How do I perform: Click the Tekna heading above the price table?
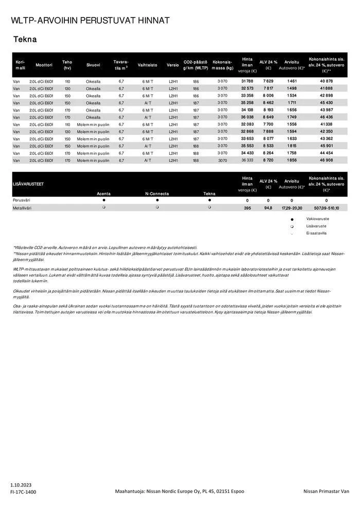pyautogui.click(x=25, y=39)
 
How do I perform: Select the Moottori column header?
pyautogui.click(x=44, y=65)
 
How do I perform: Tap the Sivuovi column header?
pyautogui.click(x=93, y=65)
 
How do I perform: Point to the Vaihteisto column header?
pyautogui.click(x=148, y=65)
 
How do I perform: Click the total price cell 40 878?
pyautogui.click(x=327, y=81)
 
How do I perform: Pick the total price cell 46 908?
pyautogui.click(x=327, y=160)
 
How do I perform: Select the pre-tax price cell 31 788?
pyautogui.click(x=247, y=81)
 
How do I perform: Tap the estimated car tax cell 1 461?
pyautogui.click(x=292, y=81)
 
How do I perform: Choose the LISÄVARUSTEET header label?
pyautogui.click(x=28, y=184)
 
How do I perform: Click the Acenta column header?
pyautogui.click(x=103, y=194)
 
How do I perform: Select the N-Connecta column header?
pyautogui.click(x=157, y=194)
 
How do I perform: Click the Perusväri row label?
pyautogui.click(x=22, y=200)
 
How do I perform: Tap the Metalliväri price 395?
pyautogui.click(x=247, y=208)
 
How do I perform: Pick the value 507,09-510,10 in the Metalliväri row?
pyautogui.click(x=327, y=208)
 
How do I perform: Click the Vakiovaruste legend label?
pyautogui.click(x=318, y=219)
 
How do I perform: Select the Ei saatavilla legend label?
pyautogui.click(x=316, y=233)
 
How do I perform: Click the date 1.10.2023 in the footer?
pyautogui.click(x=22, y=485)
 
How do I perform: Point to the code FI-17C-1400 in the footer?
pyautogui.click(x=23, y=492)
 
